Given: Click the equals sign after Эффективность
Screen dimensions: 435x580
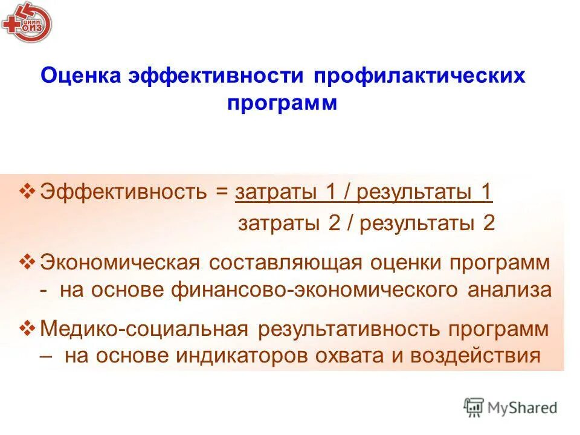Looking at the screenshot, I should (223, 193).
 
